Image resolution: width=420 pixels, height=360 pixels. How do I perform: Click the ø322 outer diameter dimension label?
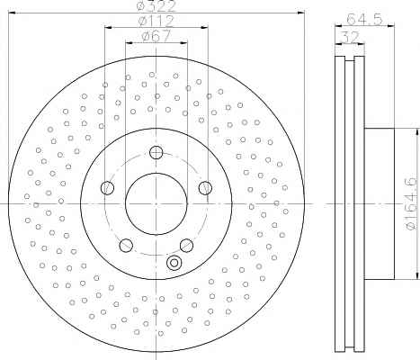pyautogui.click(x=156, y=6)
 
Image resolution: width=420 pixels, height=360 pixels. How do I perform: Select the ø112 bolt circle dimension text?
pyautogui.click(x=156, y=21)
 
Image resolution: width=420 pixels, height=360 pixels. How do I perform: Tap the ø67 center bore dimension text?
pyautogui.click(x=156, y=36)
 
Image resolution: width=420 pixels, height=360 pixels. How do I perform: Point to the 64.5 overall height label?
pyautogui.click(x=364, y=20)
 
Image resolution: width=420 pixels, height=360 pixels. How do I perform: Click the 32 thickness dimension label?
pyautogui.click(x=350, y=38)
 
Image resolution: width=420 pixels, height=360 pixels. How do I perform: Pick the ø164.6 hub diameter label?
pyautogui.click(x=411, y=203)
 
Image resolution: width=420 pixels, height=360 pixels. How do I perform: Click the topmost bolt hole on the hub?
pyautogui.click(x=156, y=152)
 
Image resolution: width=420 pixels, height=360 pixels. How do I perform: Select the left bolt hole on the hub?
pyautogui.click(x=107, y=188)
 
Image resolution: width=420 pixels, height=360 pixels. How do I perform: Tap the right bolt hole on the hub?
pyautogui.click(x=205, y=188)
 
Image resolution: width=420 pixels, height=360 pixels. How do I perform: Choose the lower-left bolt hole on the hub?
pyautogui.click(x=126, y=245)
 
